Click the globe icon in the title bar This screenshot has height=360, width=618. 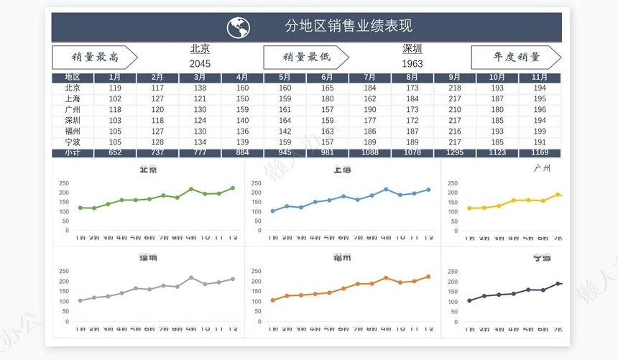tap(239, 27)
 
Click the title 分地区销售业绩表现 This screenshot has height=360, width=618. tap(349, 27)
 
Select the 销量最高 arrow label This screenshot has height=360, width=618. tap(94, 57)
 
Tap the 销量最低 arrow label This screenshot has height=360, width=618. tap(305, 57)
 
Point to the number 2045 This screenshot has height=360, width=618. tap(200, 63)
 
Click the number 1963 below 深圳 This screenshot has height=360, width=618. tap(412, 63)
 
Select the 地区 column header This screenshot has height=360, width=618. tap(73, 77)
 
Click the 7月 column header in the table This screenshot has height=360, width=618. tap(370, 77)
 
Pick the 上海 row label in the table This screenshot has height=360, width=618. tap(73, 98)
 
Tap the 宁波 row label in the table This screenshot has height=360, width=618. tap(73, 142)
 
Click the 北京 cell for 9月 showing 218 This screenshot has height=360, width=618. tap(455, 88)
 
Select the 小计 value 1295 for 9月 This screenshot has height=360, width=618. tap(455, 152)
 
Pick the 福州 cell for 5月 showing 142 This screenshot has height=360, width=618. tap(285, 131)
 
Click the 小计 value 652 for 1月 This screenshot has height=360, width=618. tap(115, 152)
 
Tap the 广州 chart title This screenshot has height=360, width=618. tap(543, 168)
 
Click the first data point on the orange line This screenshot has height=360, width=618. tap(273, 300)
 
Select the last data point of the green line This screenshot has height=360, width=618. tap(232, 188)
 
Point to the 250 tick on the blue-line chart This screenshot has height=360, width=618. tap(257, 183)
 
